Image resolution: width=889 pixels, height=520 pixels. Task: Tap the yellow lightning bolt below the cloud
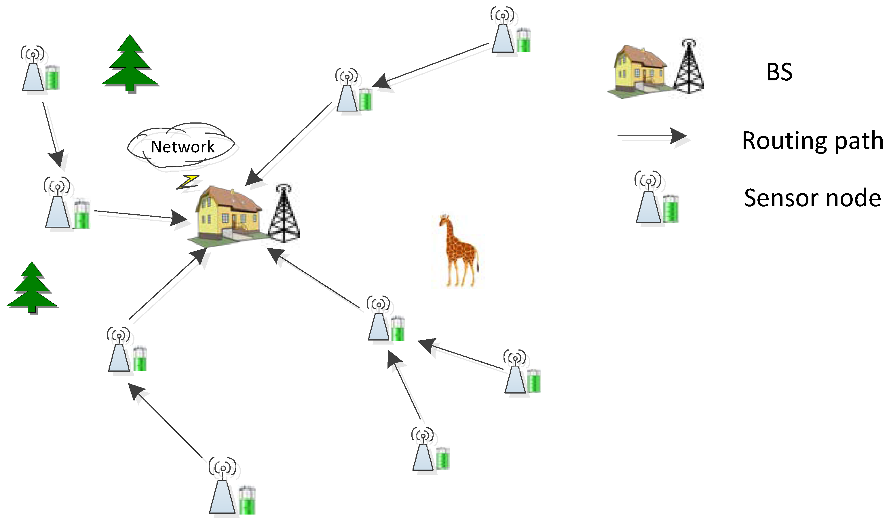pos(188,182)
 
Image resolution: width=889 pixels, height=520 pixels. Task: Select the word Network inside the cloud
pos(183,147)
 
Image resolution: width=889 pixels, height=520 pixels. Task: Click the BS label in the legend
pos(779,72)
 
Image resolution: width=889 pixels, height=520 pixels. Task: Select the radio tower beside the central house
pos(284,213)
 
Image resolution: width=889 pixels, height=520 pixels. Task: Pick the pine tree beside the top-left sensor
pos(130,64)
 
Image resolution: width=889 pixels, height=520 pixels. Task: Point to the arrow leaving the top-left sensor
pos(53,134)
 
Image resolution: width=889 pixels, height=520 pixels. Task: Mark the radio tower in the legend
pos(688,67)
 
